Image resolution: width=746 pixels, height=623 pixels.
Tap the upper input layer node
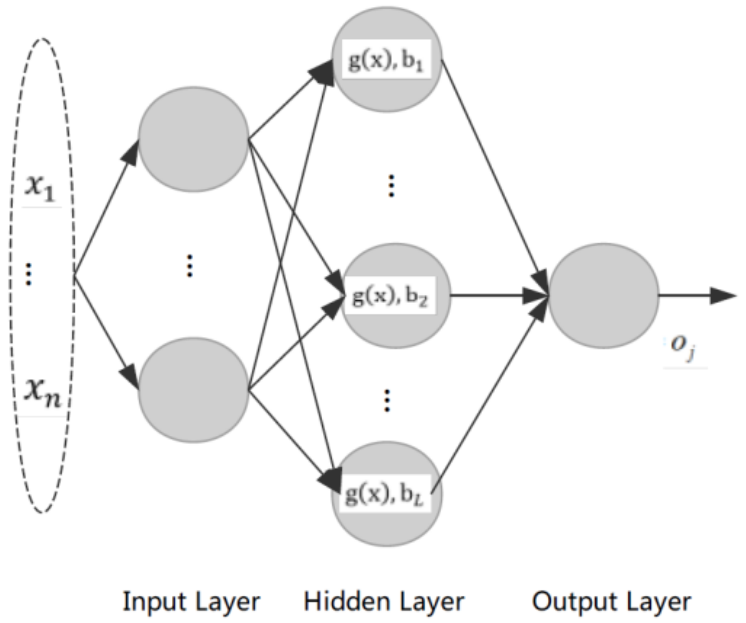[194, 139]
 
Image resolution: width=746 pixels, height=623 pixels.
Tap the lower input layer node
[194, 390]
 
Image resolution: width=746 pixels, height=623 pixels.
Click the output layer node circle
[603, 295]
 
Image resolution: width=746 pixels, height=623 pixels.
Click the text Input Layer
[191, 602]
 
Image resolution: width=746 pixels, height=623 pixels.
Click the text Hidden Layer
[383, 602]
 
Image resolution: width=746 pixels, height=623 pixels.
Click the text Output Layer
[611, 602]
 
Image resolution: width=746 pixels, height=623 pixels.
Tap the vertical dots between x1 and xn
[29, 274]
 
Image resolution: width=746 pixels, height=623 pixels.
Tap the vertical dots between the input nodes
[189, 266]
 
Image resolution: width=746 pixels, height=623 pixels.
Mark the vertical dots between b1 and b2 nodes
[391, 186]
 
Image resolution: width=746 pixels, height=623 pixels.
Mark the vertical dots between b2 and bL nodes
[387, 400]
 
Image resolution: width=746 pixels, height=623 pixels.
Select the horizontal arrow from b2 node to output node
[495, 295]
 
